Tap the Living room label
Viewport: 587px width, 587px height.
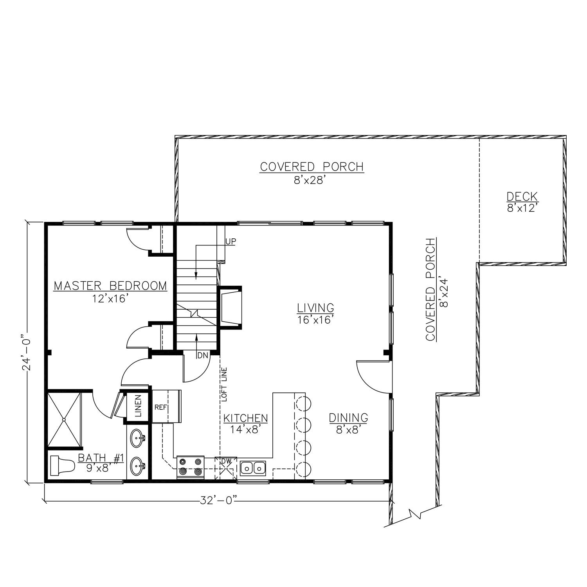(315, 313)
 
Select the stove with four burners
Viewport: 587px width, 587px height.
(191, 466)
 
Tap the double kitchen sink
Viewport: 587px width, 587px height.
(253, 468)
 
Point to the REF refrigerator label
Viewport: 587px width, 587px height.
(161, 407)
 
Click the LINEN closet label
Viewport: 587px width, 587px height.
(138, 407)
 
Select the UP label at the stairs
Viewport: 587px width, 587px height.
(230, 241)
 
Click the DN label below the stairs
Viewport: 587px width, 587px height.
(202, 355)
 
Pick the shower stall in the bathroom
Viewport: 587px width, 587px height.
(65, 420)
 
